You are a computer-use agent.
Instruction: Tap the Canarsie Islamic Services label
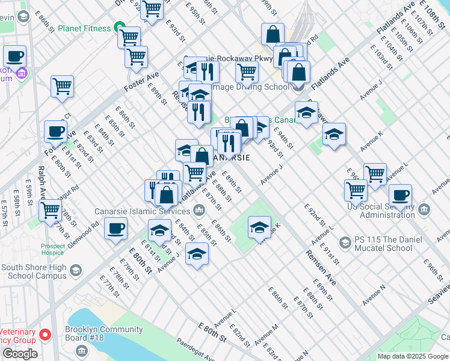tap(143, 211)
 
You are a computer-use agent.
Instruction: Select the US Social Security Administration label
tap(380, 211)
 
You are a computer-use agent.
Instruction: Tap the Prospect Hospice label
tap(53, 250)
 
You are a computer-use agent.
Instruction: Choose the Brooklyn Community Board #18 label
tap(105, 334)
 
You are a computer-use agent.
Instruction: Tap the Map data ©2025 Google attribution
tap(413, 356)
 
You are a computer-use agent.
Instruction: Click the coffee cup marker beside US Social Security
tap(400, 196)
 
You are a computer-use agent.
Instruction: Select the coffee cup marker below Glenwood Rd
tap(116, 228)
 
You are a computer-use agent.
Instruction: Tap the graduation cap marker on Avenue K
tap(259, 227)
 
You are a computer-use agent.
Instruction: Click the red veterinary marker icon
tap(45, 334)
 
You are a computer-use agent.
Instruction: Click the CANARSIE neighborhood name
tap(232, 158)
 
